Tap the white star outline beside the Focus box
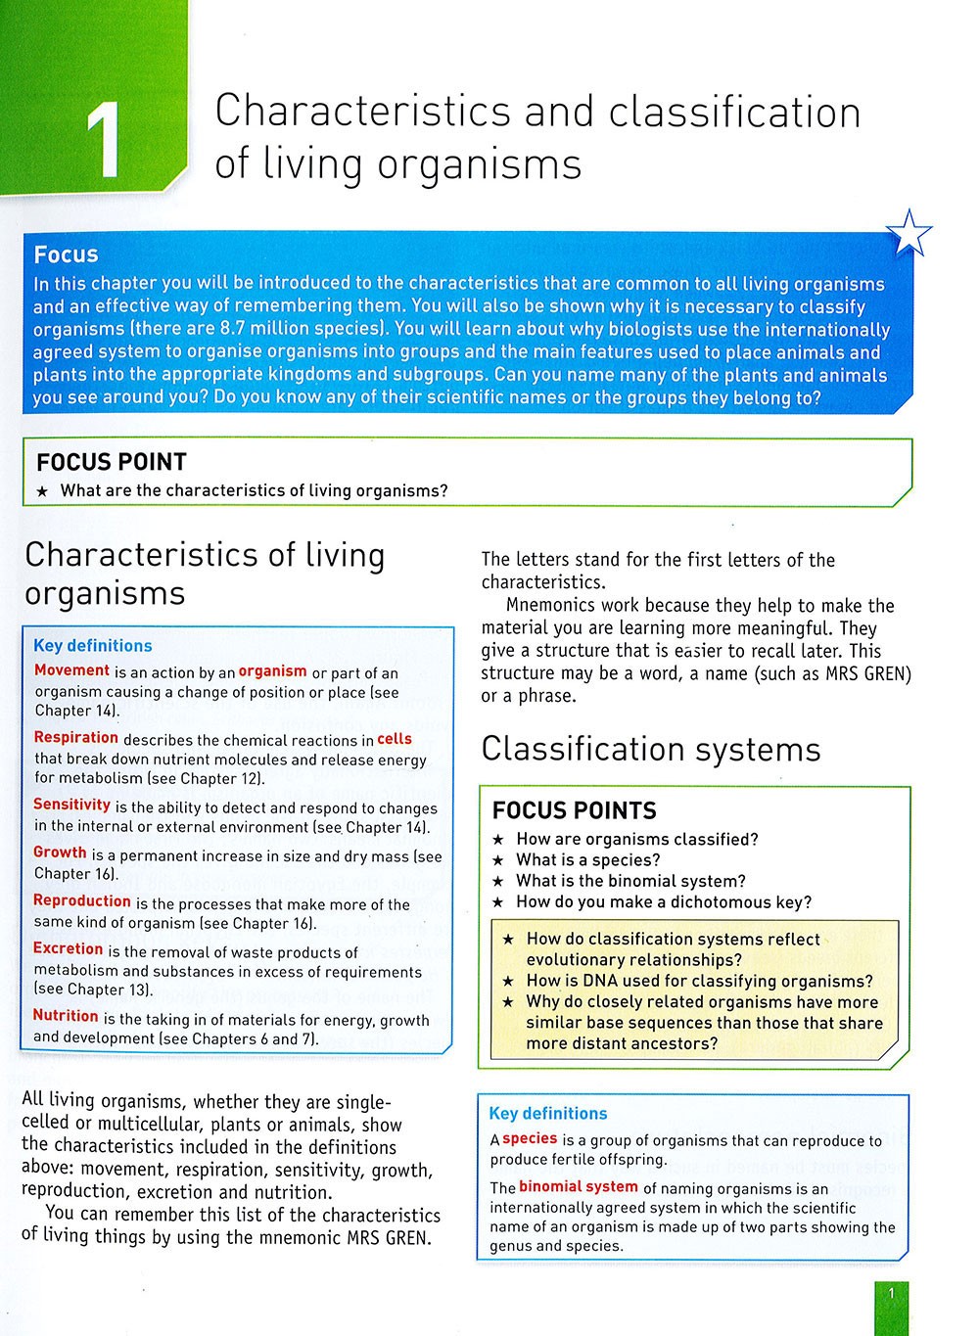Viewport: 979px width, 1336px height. point(909,235)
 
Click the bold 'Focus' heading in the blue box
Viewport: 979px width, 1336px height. point(66,254)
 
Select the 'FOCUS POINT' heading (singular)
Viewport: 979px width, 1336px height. point(111,462)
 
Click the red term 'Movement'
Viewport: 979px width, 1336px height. point(71,670)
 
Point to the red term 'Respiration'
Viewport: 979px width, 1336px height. point(75,738)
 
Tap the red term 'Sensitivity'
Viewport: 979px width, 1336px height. point(71,805)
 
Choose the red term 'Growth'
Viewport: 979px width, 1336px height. point(60,852)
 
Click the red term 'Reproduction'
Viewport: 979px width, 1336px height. point(81,900)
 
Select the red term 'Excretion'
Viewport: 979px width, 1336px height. point(68,948)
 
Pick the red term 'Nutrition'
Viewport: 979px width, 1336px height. point(66,1016)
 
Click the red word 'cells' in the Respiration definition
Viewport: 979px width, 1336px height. point(395,739)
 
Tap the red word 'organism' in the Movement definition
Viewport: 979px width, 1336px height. point(272,671)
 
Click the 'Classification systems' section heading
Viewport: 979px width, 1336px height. point(651,750)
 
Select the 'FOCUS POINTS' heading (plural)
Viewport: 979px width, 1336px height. point(574,810)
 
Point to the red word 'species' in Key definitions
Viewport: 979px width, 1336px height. point(530,1139)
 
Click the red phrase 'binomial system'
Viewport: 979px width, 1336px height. point(579,1187)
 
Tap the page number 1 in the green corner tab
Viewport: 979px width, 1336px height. point(891,1295)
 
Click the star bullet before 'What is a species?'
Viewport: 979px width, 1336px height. point(498,860)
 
